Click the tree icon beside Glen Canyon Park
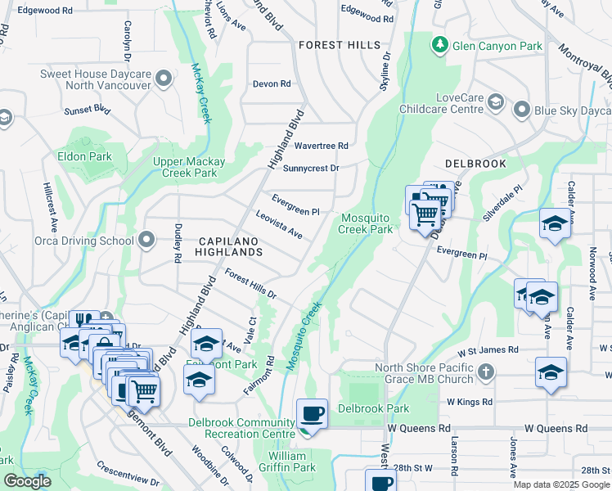(441, 43)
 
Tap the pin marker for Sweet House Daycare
(164, 79)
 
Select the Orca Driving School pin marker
(146, 240)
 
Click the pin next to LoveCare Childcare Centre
(495, 102)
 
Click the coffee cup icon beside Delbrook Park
(313, 414)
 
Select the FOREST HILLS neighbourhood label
(339, 45)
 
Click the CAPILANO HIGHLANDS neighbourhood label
(231, 246)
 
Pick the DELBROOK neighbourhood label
(475, 164)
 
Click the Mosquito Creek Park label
(367, 223)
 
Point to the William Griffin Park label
(292, 462)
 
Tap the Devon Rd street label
(272, 83)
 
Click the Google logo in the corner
(27, 482)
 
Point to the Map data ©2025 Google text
(560, 484)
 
